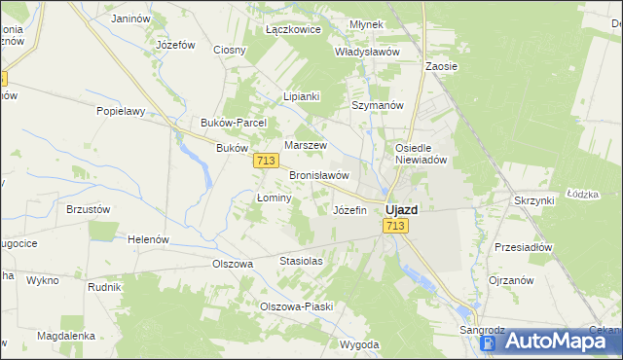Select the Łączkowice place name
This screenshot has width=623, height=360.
[x=293, y=30]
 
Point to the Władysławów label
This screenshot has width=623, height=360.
[x=367, y=52]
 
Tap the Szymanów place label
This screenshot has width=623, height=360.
[x=377, y=105]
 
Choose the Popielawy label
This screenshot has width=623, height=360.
[x=121, y=111]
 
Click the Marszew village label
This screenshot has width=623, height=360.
[x=303, y=145]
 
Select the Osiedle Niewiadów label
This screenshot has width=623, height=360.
[x=420, y=154]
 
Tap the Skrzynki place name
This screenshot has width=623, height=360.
[x=533, y=199]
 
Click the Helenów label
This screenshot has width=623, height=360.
[x=149, y=239]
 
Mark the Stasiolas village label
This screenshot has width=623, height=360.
[x=301, y=262]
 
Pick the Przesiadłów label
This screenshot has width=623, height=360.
[x=523, y=247]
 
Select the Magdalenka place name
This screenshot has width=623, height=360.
[x=65, y=335]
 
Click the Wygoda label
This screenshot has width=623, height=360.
[x=359, y=344]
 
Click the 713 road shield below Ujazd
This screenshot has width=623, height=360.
[x=394, y=226]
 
